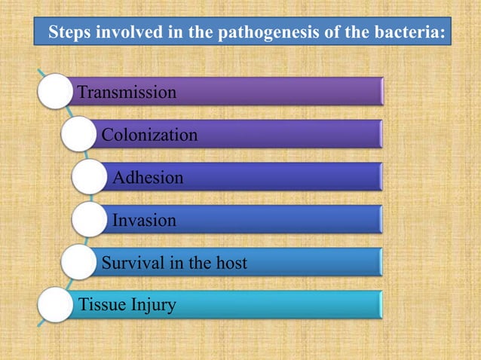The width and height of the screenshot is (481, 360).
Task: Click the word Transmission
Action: coord(127,93)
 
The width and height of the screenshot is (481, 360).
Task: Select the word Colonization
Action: coord(149,136)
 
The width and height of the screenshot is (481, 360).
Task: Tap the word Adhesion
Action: coord(148,178)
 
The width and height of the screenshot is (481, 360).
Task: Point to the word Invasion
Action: coord(144,221)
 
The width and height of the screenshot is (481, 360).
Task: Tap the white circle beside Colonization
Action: coord(80,135)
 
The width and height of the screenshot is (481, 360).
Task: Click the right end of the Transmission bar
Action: coord(381,92)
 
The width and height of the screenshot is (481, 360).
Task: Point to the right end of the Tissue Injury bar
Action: coord(381,305)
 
